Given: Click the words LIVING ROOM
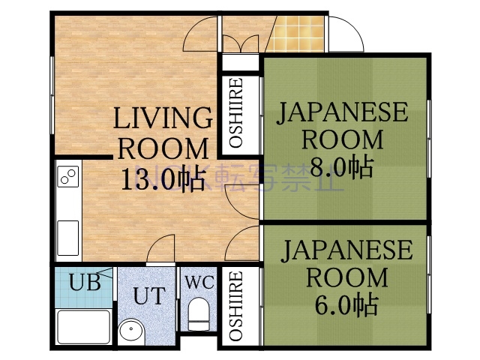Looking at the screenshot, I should click(x=163, y=132).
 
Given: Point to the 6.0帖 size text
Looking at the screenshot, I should click(x=346, y=304).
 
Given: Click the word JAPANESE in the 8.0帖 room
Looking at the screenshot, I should click(x=343, y=113).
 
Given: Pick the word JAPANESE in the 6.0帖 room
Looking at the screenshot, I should click(x=346, y=250).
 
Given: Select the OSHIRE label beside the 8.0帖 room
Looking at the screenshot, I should click(x=235, y=113).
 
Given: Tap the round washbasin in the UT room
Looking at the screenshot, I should click(x=130, y=330).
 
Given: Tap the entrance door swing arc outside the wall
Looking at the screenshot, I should click(x=344, y=33).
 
